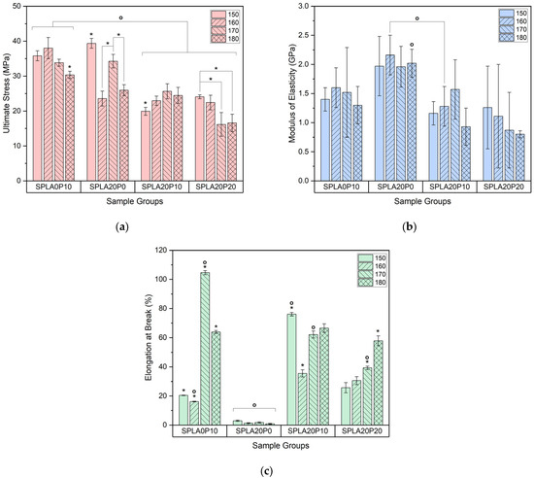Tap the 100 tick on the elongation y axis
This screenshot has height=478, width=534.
tap(165, 279)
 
